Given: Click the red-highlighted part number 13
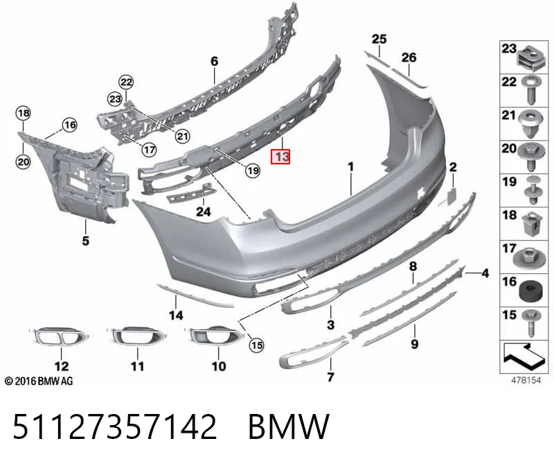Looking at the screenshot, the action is click(x=280, y=157).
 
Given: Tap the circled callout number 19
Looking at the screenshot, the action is click(x=253, y=171).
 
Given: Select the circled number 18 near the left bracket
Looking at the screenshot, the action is click(x=24, y=113).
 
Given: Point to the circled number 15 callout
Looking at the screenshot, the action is click(x=256, y=345).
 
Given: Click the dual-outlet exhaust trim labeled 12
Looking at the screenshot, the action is click(x=59, y=336).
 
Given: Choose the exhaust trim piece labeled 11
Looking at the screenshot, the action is click(x=136, y=336).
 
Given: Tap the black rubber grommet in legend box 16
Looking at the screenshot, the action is click(x=530, y=291).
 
